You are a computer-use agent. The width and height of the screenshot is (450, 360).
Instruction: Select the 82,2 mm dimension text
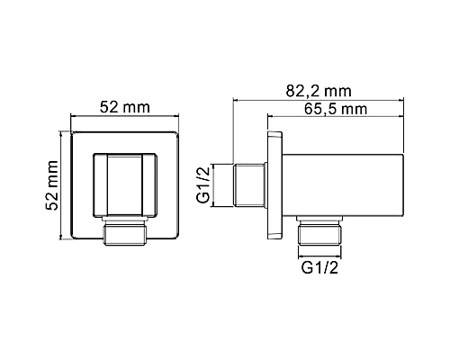(x=318, y=90)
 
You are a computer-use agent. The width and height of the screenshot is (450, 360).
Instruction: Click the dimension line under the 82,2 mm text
(x=318, y=100)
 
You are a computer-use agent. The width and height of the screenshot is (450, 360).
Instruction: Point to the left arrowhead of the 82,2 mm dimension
(x=237, y=100)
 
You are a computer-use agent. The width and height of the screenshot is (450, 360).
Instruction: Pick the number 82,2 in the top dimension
(x=305, y=90)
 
